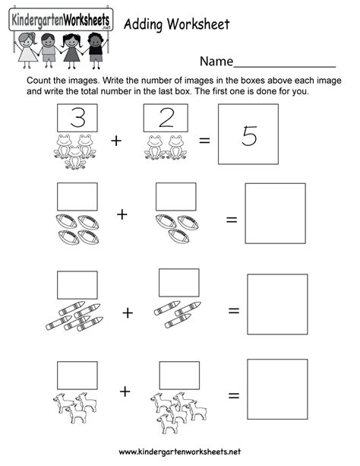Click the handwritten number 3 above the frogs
(76, 118)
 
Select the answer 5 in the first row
(248, 135)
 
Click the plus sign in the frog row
(116, 141)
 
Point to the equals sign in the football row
(231, 220)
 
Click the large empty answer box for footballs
(275, 213)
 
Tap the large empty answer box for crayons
(278, 304)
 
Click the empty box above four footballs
(77, 196)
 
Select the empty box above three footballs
(175, 196)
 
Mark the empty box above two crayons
(178, 283)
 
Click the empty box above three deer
(77, 373)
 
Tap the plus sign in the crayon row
(128, 312)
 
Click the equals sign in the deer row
(234, 396)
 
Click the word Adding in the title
(143, 24)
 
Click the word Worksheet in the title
(197, 24)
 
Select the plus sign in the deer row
(125, 391)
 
